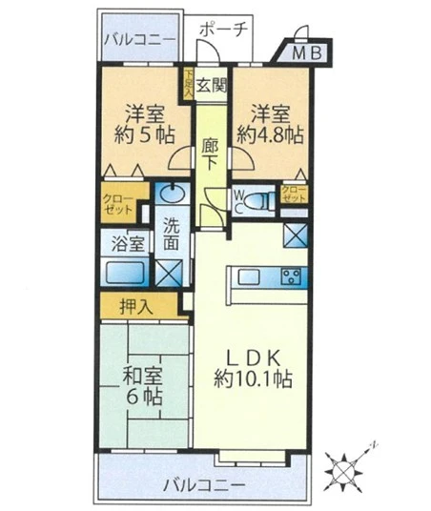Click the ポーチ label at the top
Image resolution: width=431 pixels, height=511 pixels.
225,30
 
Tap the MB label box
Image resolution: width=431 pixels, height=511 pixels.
306,53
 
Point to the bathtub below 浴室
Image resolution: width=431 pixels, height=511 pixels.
124,274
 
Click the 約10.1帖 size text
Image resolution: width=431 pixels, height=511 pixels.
252,379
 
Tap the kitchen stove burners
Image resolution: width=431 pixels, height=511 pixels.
291,277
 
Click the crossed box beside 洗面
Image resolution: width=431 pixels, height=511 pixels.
171,273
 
